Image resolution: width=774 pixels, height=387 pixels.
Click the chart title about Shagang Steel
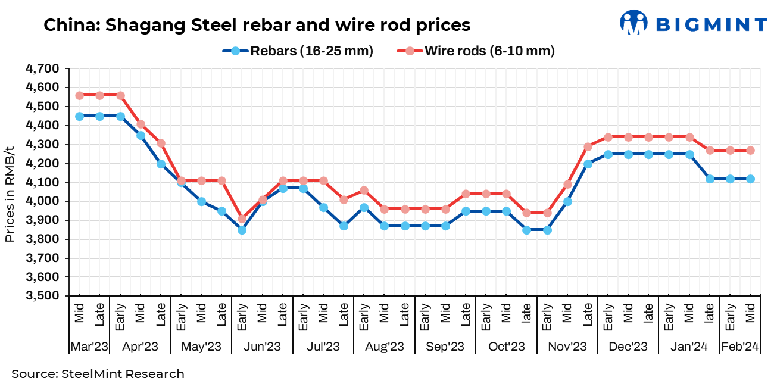click(x=257, y=25)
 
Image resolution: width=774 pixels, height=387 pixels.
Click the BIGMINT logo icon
click(x=633, y=23)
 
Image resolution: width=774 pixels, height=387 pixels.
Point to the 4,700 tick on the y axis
click(x=43, y=68)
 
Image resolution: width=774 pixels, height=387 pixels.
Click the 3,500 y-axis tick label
click(x=43, y=296)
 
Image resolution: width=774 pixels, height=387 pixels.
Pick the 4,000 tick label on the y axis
click(x=43, y=201)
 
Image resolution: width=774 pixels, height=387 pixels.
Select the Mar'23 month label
click(x=89, y=347)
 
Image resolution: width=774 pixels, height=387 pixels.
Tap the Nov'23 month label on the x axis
click(x=567, y=347)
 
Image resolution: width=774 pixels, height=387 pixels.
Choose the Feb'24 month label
click(x=740, y=347)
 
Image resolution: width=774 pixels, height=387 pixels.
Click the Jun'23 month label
click(x=262, y=347)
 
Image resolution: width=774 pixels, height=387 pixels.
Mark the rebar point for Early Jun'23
click(x=242, y=230)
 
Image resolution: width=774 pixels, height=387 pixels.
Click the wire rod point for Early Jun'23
click(x=242, y=219)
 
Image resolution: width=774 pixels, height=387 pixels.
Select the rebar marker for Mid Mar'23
click(x=80, y=116)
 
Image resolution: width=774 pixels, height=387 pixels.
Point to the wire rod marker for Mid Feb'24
click(x=750, y=150)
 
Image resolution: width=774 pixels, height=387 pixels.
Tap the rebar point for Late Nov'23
click(x=588, y=164)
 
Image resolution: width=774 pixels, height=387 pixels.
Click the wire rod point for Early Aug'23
click(x=364, y=191)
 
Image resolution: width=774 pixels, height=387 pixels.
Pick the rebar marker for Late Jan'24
click(x=710, y=179)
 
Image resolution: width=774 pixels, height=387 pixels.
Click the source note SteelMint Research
click(x=98, y=374)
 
